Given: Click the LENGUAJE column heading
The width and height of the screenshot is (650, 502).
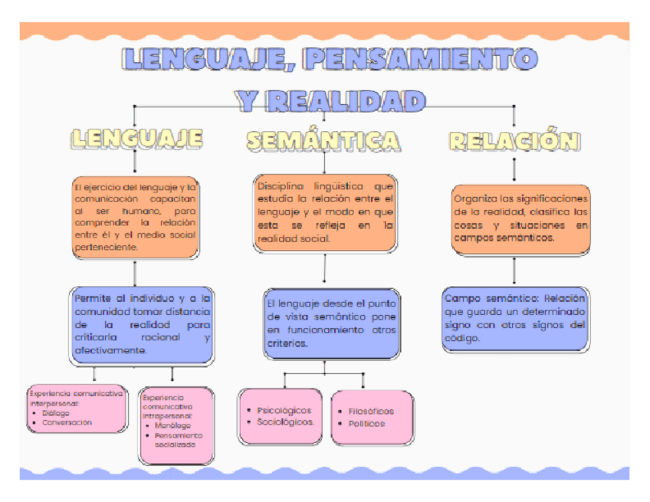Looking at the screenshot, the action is tap(136, 138).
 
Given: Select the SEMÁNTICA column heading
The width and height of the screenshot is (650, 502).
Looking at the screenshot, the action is tap(323, 140).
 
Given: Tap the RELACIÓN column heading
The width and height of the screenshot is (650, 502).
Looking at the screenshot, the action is tap(514, 140).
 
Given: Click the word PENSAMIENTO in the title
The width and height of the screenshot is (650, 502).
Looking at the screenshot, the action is tap(419, 59).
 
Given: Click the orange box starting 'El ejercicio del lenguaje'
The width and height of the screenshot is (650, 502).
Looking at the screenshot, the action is tap(135, 217).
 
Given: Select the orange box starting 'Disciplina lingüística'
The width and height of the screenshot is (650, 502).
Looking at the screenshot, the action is tap(325, 212).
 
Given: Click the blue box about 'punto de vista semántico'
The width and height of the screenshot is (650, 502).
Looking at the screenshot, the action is tap(331, 323).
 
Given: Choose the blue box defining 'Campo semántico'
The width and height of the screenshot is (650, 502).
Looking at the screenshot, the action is tap(515, 318).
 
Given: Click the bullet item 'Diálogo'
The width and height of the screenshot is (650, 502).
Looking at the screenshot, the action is tap(55, 413).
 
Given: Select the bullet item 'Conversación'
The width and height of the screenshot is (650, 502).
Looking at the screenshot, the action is tap(67, 422).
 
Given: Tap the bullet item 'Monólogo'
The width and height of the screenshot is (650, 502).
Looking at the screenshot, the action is tap(172, 425).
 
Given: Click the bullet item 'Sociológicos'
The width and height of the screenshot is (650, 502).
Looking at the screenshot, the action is tap(285, 422).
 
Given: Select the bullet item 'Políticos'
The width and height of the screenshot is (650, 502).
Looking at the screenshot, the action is tap(366, 423).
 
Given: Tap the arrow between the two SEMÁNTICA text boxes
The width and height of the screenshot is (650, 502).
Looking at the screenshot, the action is tap(325, 270).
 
